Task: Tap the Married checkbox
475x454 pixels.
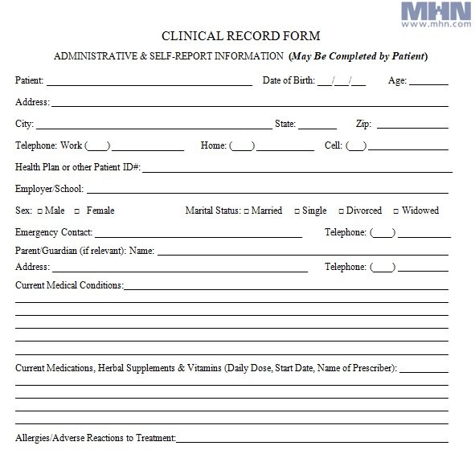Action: (x=246, y=211)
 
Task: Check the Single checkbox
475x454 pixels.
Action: (x=297, y=211)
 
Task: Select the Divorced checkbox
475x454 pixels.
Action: (x=341, y=211)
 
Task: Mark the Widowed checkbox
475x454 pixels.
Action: (x=396, y=211)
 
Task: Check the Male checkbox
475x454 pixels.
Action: (x=40, y=211)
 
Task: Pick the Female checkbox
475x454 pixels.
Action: (x=77, y=211)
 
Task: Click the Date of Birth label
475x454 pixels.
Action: (x=288, y=80)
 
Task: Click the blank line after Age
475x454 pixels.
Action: (x=430, y=82)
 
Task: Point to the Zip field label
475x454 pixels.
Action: (x=363, y=124)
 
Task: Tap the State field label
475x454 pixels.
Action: (x=285, y=124)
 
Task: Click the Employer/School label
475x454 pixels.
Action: (x=49, y=189)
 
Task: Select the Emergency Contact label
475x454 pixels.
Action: (x=54, y=232)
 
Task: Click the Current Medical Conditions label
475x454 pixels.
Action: (x=69, y=285)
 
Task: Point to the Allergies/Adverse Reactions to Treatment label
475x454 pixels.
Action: (x=95, y=438)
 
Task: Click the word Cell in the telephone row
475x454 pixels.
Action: (x=333, y=145)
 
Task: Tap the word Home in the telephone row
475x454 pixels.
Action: (x=213, y=145)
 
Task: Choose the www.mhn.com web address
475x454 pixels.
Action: (x=440, y=24)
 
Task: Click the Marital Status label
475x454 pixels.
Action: (x=212, y=211)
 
